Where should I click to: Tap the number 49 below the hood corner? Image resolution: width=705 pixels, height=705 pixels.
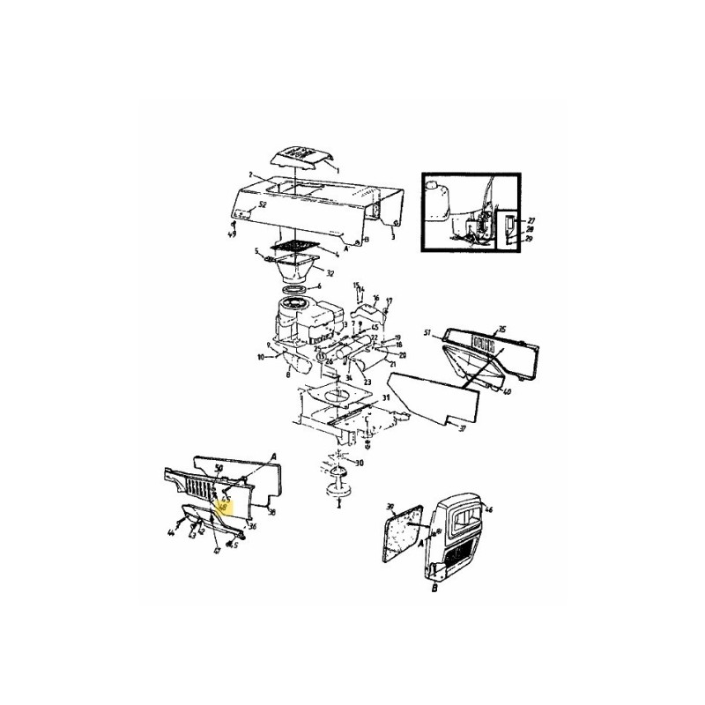(x=233, y=235)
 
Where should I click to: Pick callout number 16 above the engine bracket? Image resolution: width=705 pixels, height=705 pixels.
(x=375, y=299)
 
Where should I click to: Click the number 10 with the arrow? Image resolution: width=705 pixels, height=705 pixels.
(x=260, y=357)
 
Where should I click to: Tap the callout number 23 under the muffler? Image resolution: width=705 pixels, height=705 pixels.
(x=366, y=382)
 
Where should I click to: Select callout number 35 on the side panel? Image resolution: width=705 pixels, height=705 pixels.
(x=504, y=330)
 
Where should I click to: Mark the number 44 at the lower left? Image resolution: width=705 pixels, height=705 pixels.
(x=171, y=534)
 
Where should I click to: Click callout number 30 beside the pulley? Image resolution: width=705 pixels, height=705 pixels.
(x=357, y=463)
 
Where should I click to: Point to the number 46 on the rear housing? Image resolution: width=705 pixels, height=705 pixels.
(x=489, y=510)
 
